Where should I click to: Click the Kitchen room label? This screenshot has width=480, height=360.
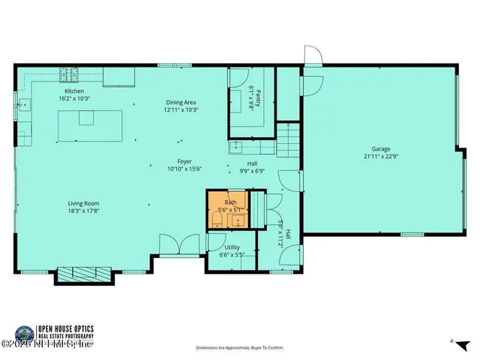[73, 91]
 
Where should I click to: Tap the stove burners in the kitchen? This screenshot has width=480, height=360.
[70, 74]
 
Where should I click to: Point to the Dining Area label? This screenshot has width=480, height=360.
[181, 102]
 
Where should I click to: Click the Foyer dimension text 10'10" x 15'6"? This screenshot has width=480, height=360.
[184, 169]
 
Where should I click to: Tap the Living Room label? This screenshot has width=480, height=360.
[83, 203]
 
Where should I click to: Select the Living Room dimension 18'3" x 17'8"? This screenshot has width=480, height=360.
[83, 211]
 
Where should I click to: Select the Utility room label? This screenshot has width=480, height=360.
[232, 247]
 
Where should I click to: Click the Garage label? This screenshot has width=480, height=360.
[381, 148]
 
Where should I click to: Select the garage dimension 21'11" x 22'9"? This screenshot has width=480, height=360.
[381, 157]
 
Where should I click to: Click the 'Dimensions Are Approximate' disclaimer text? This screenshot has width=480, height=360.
[239, 348]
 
